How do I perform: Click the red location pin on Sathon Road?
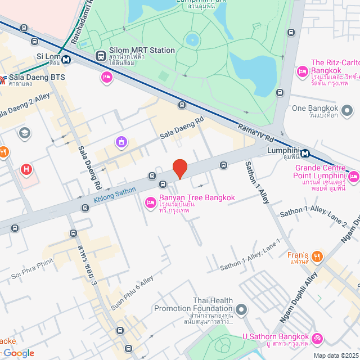click(179, 168)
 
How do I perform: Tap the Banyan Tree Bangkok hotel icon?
click(150, 202)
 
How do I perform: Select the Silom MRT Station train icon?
click(101, 56)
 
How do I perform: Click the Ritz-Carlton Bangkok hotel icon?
click(302, 71)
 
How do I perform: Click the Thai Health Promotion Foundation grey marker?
click(241, 309)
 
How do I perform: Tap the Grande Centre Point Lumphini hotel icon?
click(353, 177)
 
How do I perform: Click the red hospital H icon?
click(26, 169)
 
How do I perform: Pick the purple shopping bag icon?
click(121, 142)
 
